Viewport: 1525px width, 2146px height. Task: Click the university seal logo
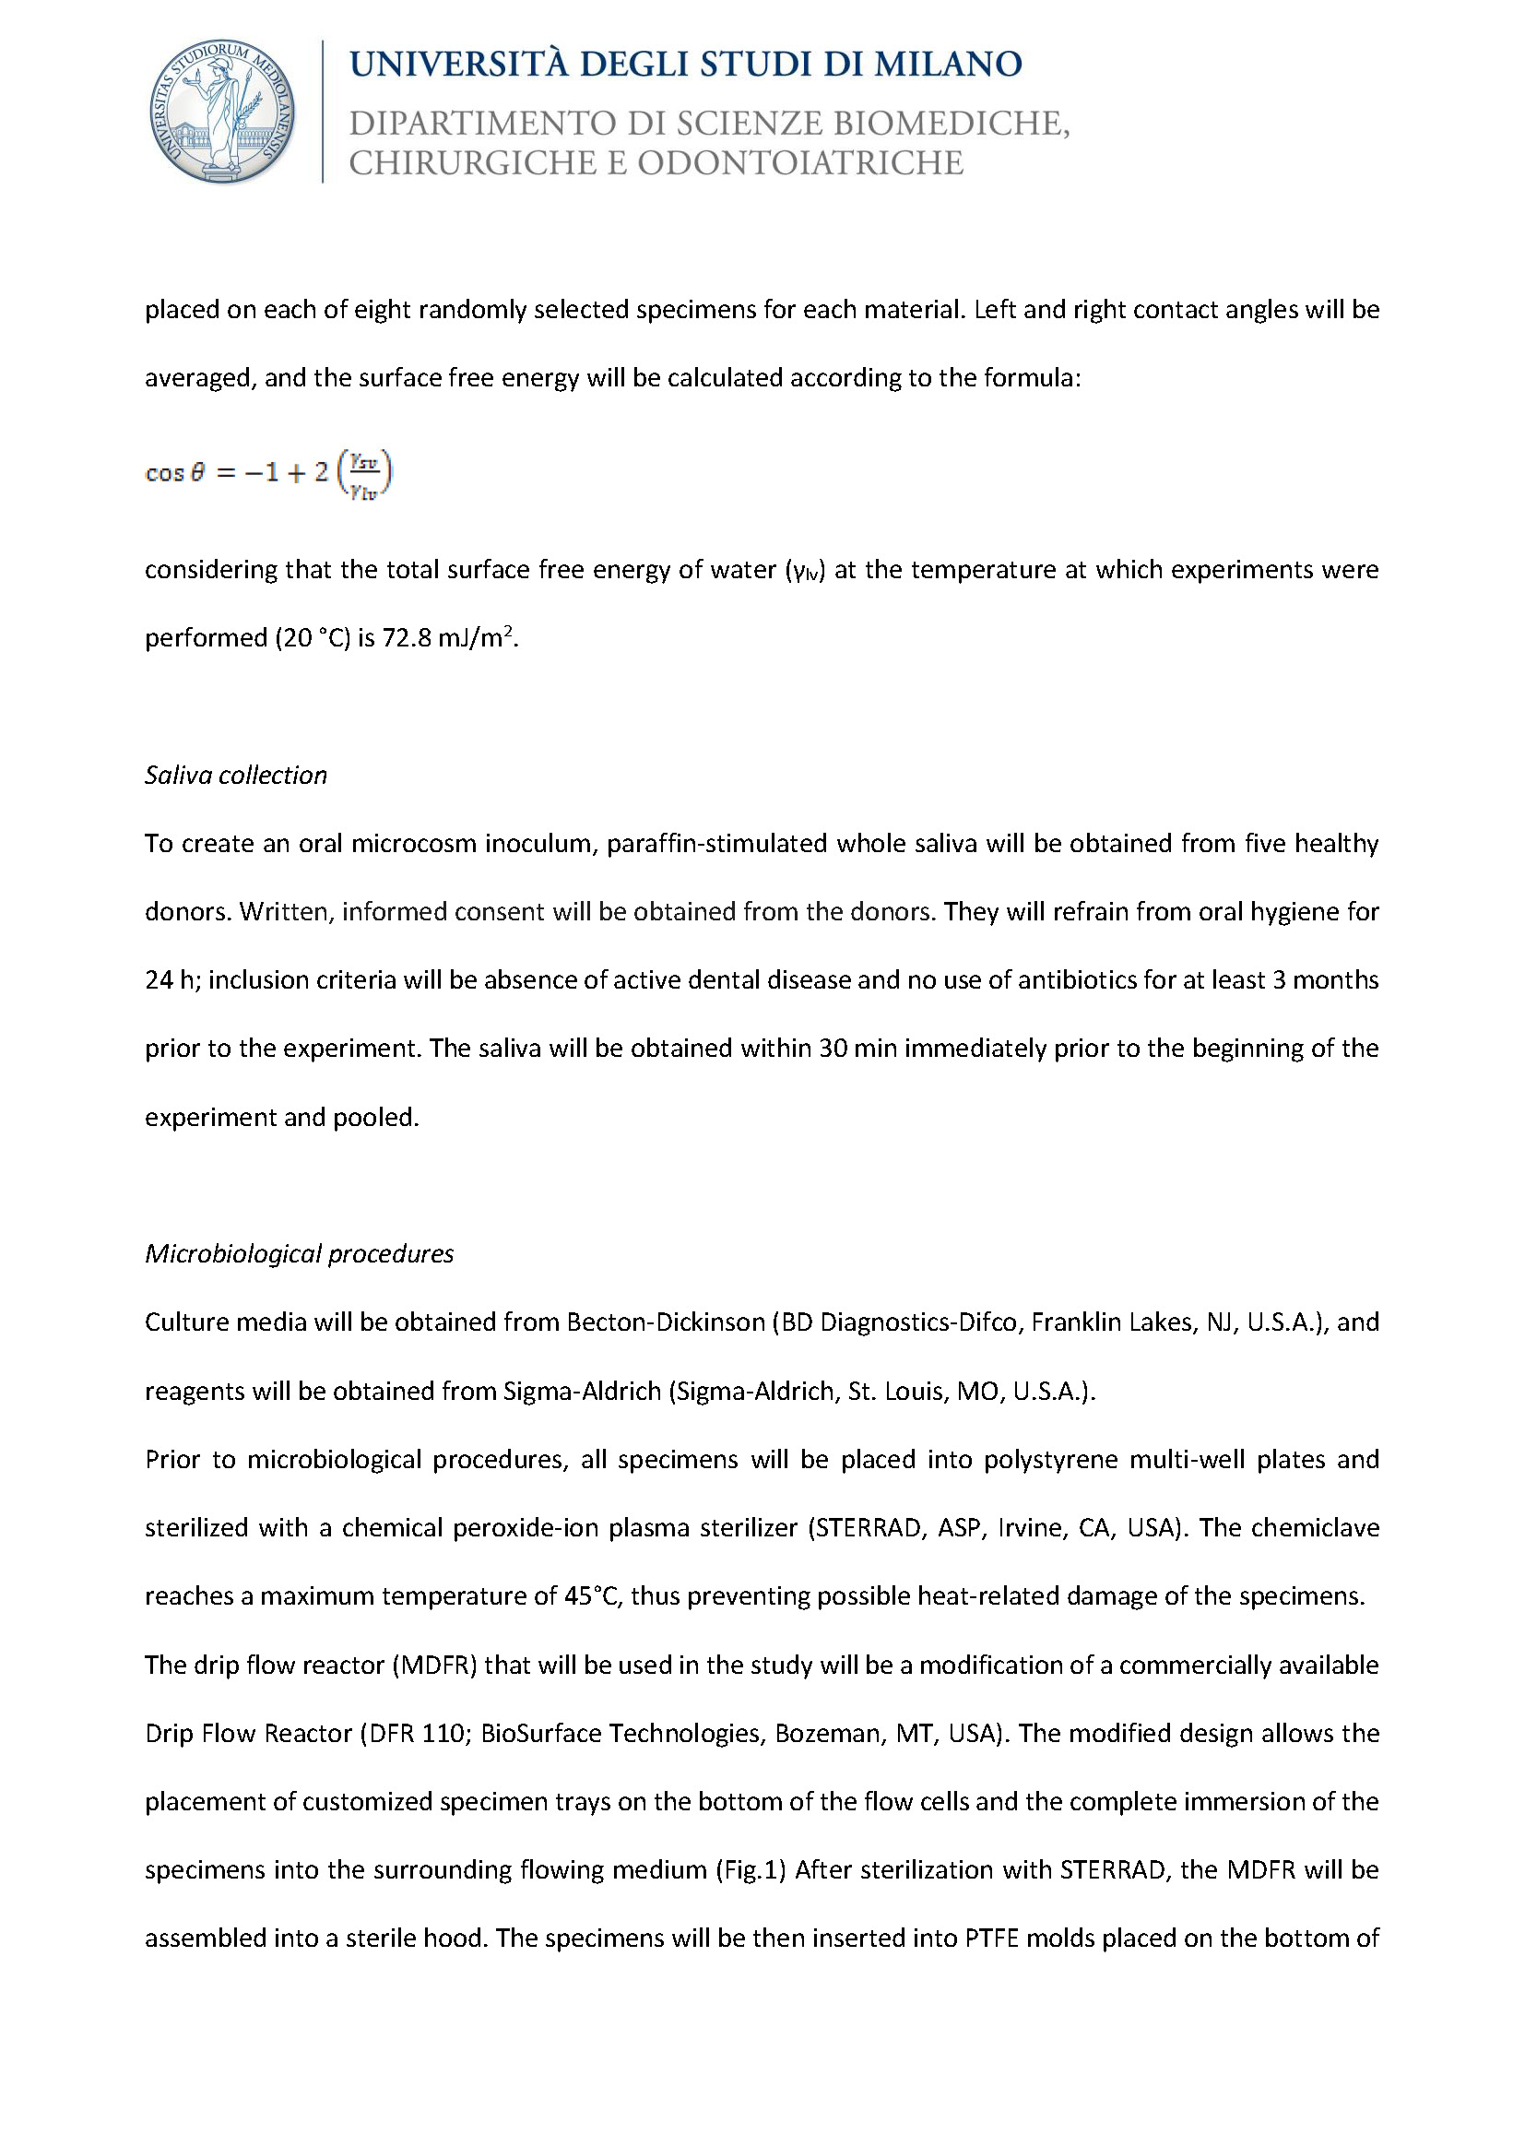pos(222,112)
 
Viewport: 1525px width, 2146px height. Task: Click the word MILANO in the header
pos(949,65)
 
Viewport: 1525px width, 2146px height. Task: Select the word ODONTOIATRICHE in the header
pos(800,163)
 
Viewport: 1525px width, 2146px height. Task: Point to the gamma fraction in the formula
pos(363,473)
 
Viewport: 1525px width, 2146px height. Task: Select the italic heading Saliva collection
pos(236,775)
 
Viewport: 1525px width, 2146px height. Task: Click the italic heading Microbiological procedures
pos(299,1254)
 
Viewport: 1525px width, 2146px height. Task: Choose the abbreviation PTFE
pos(992,1939)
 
